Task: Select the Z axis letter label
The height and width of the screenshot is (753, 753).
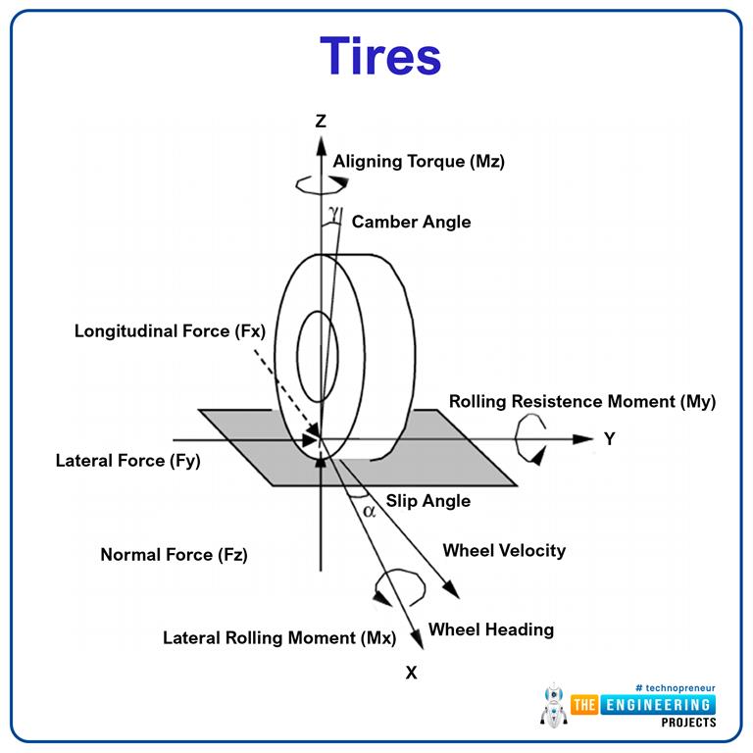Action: tap(321, 121)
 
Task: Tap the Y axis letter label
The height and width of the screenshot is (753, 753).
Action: tap(609, 439)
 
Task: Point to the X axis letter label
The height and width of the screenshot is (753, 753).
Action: tap(411, 673)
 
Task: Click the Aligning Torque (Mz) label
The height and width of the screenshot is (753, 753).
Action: tap(419, 162)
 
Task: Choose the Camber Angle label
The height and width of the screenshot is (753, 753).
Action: tap(411, 222)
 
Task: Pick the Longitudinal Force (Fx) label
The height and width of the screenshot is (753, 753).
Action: tap(170, 331)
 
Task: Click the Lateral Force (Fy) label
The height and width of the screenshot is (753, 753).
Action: tap(128, 460)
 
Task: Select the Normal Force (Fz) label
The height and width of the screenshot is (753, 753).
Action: tap(174, 555)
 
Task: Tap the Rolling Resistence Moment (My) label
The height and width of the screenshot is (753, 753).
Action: tap(581, 402)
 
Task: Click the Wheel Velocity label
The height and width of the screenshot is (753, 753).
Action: tap(504, 550)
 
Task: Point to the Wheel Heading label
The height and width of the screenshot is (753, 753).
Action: tap(490, 629)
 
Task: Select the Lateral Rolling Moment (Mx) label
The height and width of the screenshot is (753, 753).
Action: tap(278, 638)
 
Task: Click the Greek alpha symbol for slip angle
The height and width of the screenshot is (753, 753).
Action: tap(369, 511)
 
